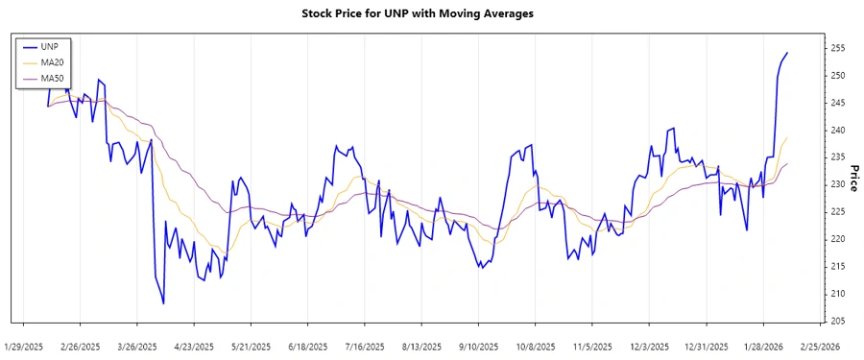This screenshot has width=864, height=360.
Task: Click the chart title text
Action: coord(431,14)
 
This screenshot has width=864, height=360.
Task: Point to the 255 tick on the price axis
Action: coord(837,48)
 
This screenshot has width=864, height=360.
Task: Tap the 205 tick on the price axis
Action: coord(837,321)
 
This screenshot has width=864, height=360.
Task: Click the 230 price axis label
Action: coord(837,184)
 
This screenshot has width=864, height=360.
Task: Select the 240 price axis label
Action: coord(837,130)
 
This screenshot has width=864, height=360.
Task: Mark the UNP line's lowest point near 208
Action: coord(163,303)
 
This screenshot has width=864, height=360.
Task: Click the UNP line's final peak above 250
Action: coord(787,53)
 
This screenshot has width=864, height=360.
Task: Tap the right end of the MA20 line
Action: coord(787,138)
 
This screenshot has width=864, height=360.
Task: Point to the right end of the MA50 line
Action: coord(787,164)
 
